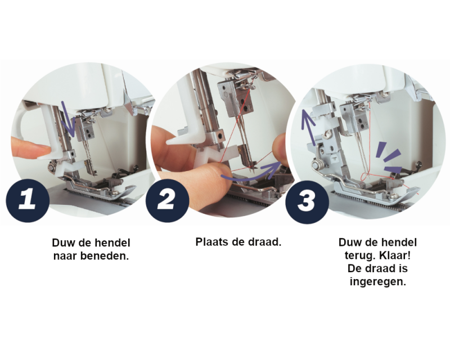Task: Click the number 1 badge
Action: [28, 200]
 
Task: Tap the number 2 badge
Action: [167, 200]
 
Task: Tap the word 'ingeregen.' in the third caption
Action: [377, 281]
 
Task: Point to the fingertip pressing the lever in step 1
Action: [43, 149]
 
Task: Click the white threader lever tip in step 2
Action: [172, 141]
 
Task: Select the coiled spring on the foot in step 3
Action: [316, 165]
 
